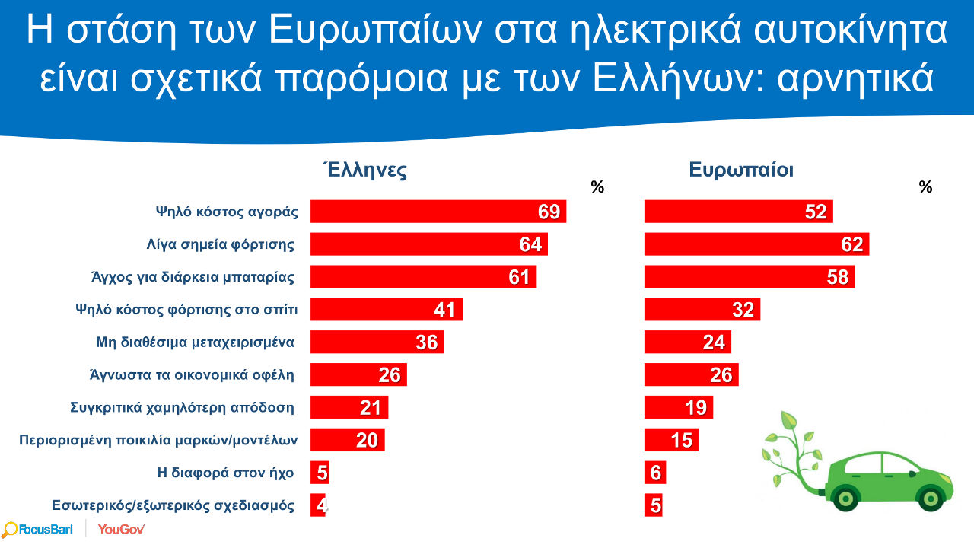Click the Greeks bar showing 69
[x=438, y=212]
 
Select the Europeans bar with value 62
[x=756, y=244]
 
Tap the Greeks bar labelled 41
[x=386, y=310]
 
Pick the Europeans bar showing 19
[x=678, y=407]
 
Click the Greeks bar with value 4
[x=318, y=505]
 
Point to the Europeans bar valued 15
[x=670, y=440]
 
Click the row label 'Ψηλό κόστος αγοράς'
[x=226, y=212]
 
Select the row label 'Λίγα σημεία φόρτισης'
[x=220, y=244]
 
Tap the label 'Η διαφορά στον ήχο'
[x=224, y=473]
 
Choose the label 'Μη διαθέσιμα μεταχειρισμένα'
[x=195, y=342]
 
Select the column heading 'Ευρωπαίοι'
[x=741, y=170]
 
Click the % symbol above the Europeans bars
[x=925, y=187]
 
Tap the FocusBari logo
[x=38, y=529]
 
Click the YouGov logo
[x=122, y=529]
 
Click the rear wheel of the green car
[x=845, y=498]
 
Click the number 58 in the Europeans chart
[x=837, y=277]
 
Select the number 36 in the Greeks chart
[x=427, y=342]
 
